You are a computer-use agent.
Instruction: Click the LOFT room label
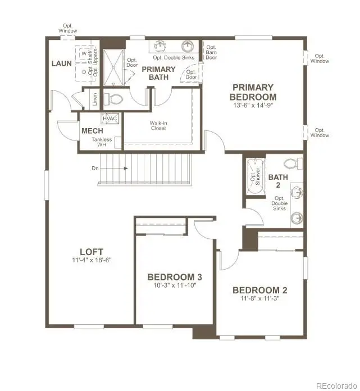coord(91,251)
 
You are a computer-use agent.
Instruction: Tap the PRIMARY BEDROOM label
coord(253,92)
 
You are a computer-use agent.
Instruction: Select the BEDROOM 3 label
coord(174,277)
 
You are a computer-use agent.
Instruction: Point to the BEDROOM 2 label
coord(259,290)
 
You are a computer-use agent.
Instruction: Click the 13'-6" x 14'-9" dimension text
coord(253,105)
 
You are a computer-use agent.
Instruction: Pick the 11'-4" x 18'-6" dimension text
coord(91,260)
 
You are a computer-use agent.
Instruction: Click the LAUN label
coord(61,63)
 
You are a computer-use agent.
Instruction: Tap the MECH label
coord(92,131)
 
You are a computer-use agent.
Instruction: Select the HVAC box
coord(109,119)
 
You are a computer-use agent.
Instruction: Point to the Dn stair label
coord(95,167)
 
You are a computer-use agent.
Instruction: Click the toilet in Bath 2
coord(290,163)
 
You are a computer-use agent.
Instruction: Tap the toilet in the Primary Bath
coord(116,100)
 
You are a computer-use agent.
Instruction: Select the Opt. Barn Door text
coord(211,52)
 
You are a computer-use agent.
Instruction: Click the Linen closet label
coord(94,99)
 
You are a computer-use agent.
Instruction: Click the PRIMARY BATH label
coord(158,73)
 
